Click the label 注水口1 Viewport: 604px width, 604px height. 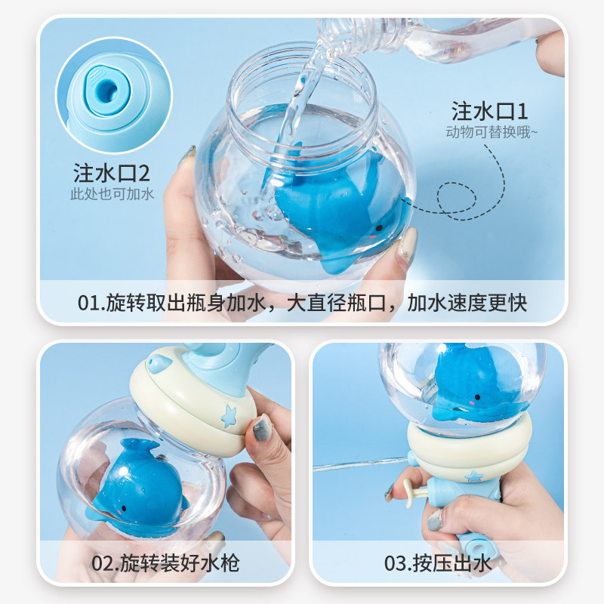[x=489, y=111]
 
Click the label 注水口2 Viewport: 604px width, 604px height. [x=111, y=173]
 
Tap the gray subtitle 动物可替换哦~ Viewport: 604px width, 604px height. [x=492, y=132]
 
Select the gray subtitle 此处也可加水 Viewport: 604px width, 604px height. [x=112, y=194]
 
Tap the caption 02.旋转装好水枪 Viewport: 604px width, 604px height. [x=165, y=563]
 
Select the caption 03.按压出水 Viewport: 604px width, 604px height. [x=438, y=563]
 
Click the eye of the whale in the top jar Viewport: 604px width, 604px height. [x=379, y=228]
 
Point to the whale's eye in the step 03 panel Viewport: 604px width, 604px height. [x=478, y=397]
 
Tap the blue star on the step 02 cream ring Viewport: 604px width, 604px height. [x=229, y=416]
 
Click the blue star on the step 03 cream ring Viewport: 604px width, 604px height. [x=474, y=476]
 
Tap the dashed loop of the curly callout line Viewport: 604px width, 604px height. [x=457, y=197]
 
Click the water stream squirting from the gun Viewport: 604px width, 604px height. [x=360, y=464]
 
